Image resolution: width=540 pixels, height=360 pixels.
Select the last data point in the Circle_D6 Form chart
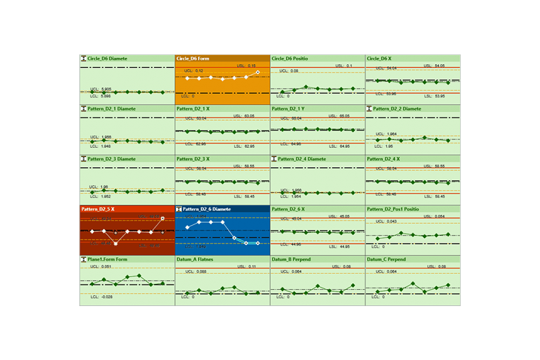[x=258, y=72]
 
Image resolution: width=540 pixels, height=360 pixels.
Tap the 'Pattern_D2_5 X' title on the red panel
[x=98, y=209]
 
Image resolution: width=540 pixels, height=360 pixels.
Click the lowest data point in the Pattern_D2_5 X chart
[x=116, y=243]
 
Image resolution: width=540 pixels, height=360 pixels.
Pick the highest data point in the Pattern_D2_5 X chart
[x=163, y=219]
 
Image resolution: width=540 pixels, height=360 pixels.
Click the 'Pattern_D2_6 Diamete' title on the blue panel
[x=207, y=209]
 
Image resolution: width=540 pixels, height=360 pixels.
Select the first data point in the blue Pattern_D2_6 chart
[x=187, y=228]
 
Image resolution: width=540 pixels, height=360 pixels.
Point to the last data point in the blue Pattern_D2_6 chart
[x=258, y=243]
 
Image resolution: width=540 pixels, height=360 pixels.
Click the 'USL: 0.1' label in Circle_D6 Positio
[x=342, y=66]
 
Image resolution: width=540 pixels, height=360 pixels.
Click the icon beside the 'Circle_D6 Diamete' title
[x=84, y=58]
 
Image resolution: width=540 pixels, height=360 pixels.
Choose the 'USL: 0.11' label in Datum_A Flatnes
[x=247, y=266]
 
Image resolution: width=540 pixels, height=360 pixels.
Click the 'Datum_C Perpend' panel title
[x=386, y=259]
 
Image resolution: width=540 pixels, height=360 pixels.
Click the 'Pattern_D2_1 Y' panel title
[x=288, y=108]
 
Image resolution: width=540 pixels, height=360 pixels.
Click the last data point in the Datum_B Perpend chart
[x=353, y=285]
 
